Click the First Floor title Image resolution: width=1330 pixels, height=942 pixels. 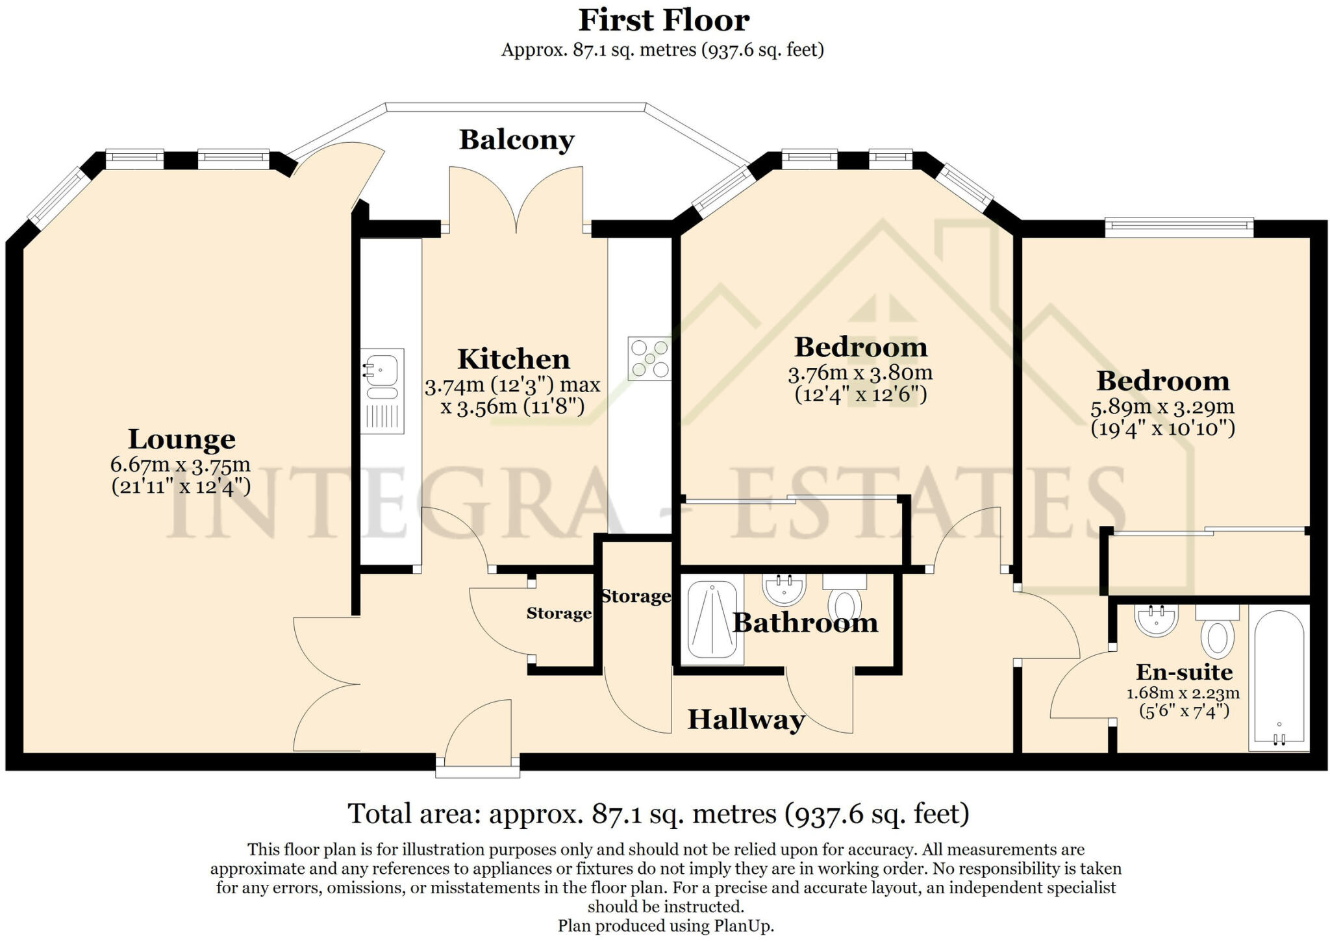coord(664,20)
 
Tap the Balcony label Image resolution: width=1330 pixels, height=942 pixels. coord(517,140)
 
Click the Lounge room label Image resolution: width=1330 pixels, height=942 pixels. coord(182,439)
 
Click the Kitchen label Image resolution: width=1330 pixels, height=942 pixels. coord(513,359)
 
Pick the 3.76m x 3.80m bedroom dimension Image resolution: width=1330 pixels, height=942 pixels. coord(860,373)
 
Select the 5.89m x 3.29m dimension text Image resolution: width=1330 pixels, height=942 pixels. coord(1162,407)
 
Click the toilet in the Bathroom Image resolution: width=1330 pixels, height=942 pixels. coord(844,601)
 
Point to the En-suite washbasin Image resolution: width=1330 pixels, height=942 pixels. coord(1156,620)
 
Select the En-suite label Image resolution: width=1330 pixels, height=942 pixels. coord(1184,671)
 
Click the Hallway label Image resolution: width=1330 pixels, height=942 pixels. coord(746,719)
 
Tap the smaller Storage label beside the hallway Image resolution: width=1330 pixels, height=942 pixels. coord(558,614)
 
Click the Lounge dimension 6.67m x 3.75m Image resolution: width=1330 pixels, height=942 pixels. coord(181,465)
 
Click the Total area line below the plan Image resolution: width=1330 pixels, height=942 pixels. coord(659,813)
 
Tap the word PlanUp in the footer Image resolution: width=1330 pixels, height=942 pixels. coord(748,926)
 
